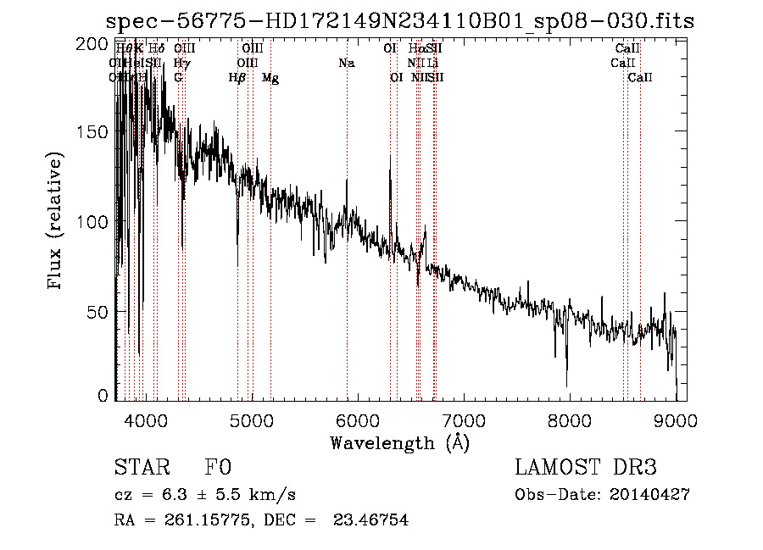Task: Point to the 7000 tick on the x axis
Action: coord(463,420)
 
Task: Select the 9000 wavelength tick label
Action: coord(675,420)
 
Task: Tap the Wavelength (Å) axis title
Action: coord(399,443)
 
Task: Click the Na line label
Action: coord(346,63)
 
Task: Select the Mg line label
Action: coord(270,78)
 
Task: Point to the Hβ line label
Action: coord(237,78)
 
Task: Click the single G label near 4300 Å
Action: coord(178,78)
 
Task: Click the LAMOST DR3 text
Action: coord(586,468)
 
